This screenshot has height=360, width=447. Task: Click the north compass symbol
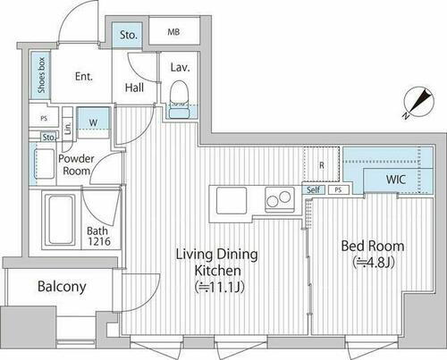coord(419,102)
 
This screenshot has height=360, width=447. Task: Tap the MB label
coord(173,32)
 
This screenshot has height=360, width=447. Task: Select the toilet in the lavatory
coord(179,100)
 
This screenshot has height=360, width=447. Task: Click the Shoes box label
coord(41,75)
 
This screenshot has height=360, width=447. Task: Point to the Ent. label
coord(84,77)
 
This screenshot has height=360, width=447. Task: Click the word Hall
coord(134,88)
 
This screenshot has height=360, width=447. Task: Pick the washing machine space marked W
coord(93,122)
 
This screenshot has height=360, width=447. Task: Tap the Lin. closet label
coord(68,128)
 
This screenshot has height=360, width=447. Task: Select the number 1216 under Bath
coord(99,241)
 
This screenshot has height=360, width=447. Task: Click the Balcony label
coord(62,287)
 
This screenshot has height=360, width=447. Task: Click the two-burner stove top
coord(279,199)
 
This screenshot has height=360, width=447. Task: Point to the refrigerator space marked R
coord(321,164)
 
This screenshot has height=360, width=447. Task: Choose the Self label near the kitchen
coord(313,189)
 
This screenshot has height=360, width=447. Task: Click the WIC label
coord(396,180)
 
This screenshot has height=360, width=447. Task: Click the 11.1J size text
coord(220,288)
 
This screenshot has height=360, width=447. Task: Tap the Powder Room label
coord(76,164)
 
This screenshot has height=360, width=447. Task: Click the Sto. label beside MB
coord(129,35)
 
